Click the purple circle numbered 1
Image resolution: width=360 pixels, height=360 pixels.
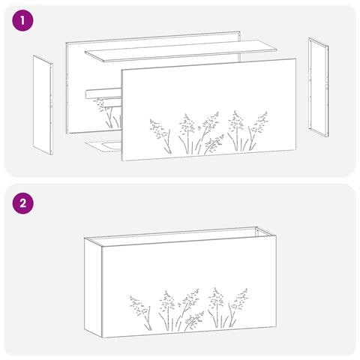(x=22, y=20)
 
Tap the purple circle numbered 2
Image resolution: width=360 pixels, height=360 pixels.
(x=22, y=203)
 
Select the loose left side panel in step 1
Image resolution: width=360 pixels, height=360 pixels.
(x=43, y=105)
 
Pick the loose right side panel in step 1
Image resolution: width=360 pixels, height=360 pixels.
(x=318, y=87)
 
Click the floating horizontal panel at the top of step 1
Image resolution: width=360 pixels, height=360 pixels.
(x=181, y=51)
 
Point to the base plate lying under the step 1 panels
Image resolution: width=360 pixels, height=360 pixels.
(x=103, y=146)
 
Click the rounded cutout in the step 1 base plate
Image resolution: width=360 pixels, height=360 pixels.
(x=111, y=146)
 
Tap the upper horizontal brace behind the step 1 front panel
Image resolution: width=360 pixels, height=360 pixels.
(x=103, y=93)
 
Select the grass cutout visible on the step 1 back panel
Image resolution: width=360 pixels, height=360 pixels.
(x=107, y=113)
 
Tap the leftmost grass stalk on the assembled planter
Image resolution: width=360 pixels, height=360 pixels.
(x=141, y=313)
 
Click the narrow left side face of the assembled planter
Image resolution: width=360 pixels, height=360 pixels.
(x=93, y=287)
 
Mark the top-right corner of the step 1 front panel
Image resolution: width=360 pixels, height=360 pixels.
(x=296, y=58)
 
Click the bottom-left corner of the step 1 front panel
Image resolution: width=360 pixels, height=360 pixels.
(x=121, y=160)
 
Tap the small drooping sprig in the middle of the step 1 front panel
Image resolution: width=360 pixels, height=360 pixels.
(x=214, y=145)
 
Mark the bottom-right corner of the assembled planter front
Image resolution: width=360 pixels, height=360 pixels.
(x=276, y=326)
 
